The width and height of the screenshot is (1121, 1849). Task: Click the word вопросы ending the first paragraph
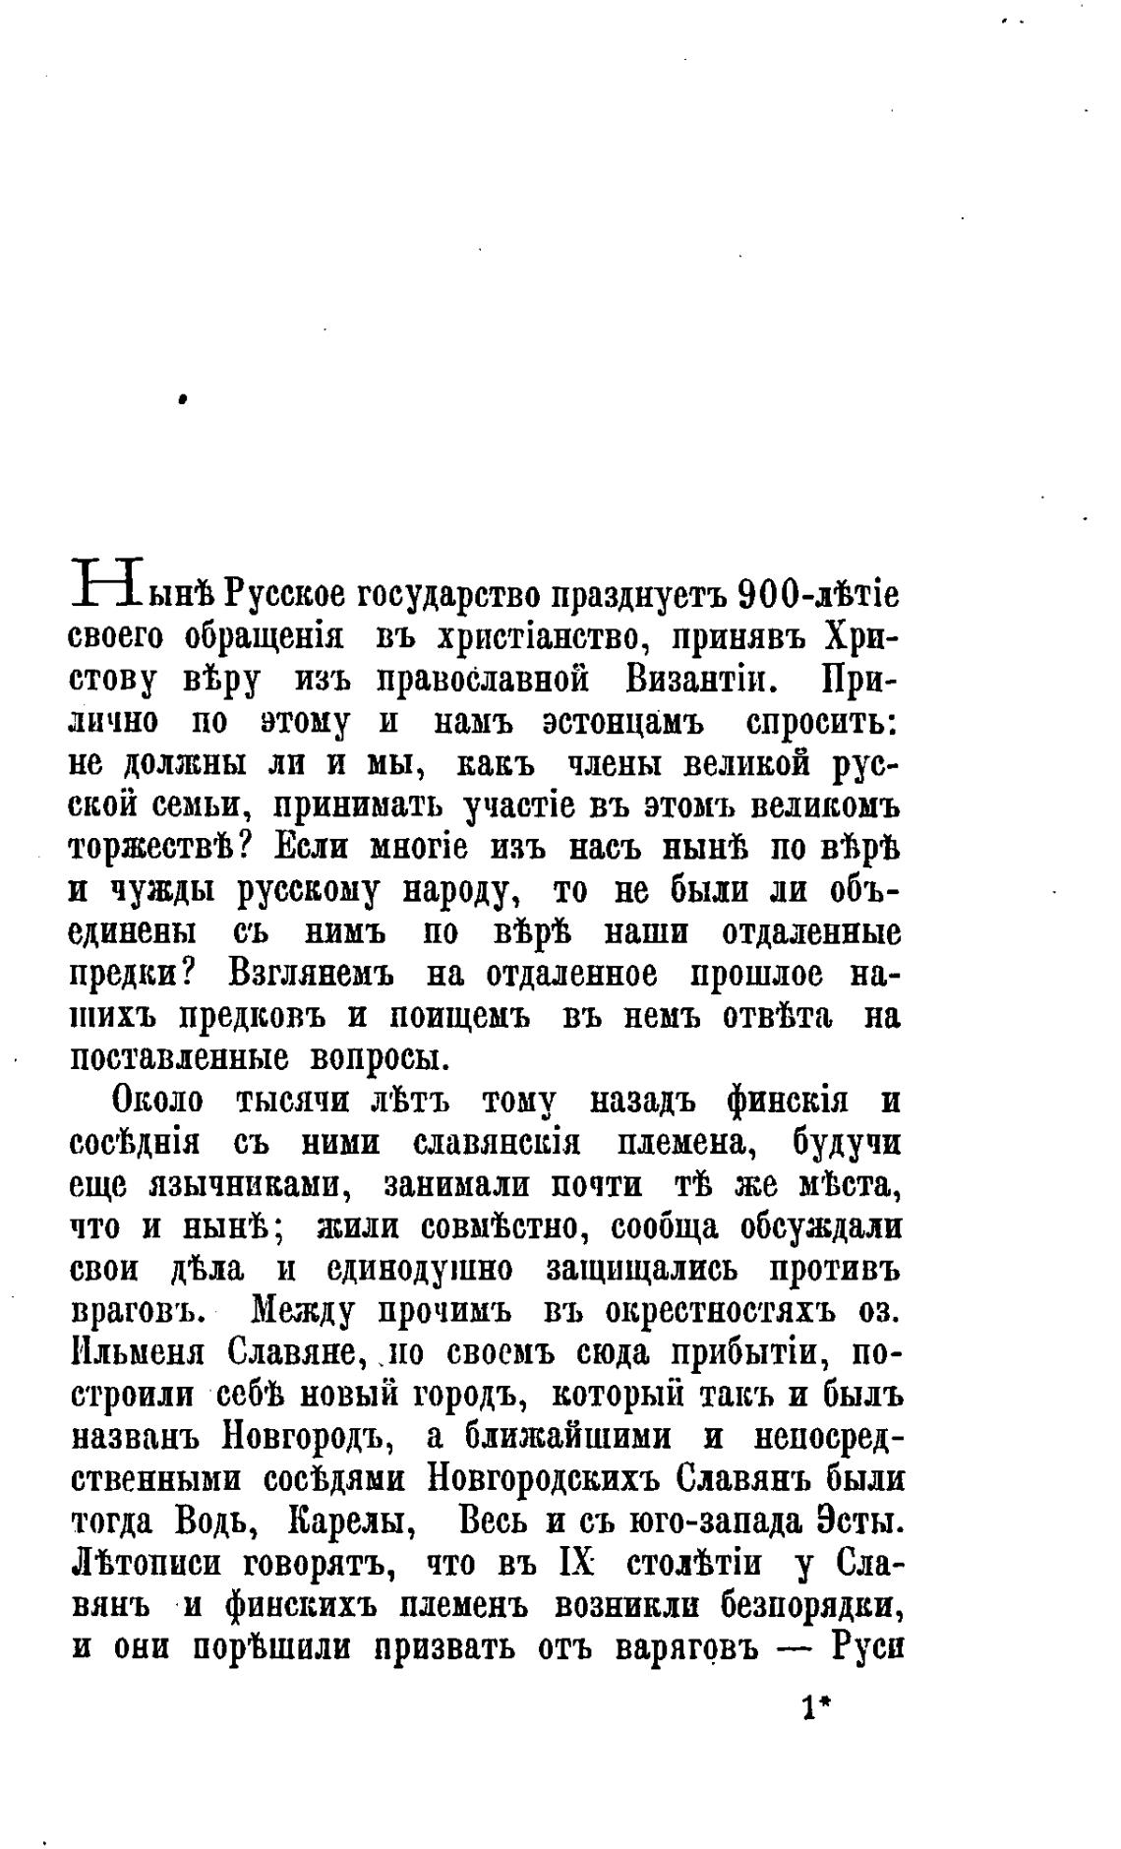pyautogui.click(x=378, y=1058)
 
